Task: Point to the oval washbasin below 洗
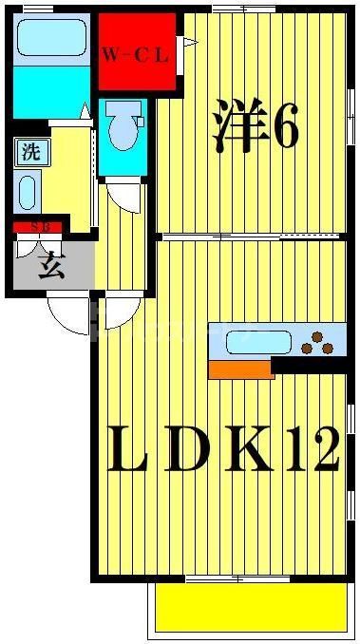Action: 27,194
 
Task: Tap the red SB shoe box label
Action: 37,227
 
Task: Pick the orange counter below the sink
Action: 241,369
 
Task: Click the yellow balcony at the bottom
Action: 250,605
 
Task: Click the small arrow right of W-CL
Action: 190,41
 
